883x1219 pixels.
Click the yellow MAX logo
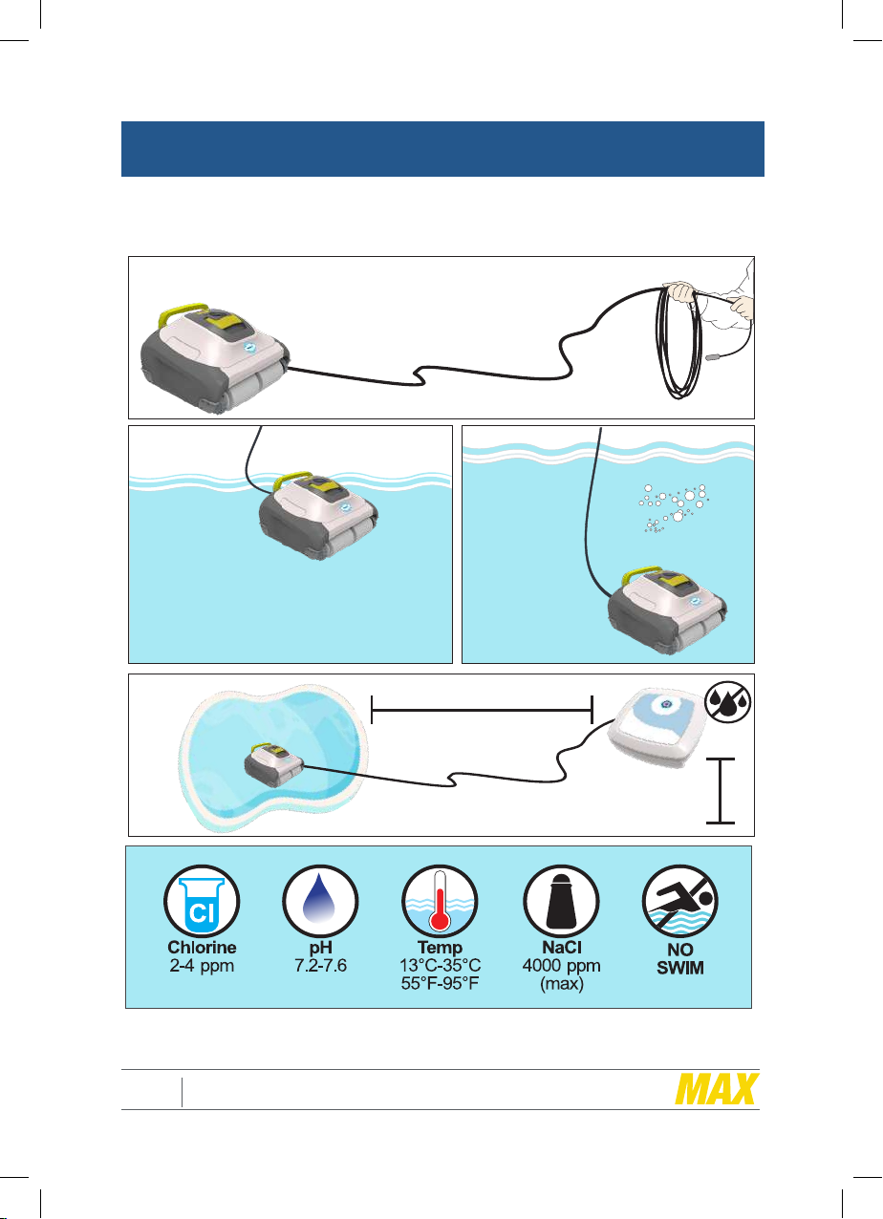tap(717, 1089)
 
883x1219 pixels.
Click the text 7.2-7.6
tap(320, 966)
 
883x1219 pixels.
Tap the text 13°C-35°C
tap(440, 966)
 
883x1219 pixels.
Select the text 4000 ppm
tap(561, 967)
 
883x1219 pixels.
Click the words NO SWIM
tap(680, 959)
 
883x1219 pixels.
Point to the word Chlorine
tap(202, 948)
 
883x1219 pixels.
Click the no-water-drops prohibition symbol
tap(728, 702)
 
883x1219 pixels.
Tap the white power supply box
tap(657, 727)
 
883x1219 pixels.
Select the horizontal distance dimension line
tap(482, 710)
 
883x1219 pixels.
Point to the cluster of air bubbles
tap(674, 507)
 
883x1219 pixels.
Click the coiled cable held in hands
tap(678, 342)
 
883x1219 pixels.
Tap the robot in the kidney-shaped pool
tap(273, 763)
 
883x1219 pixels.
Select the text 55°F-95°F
tap(440, 984)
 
